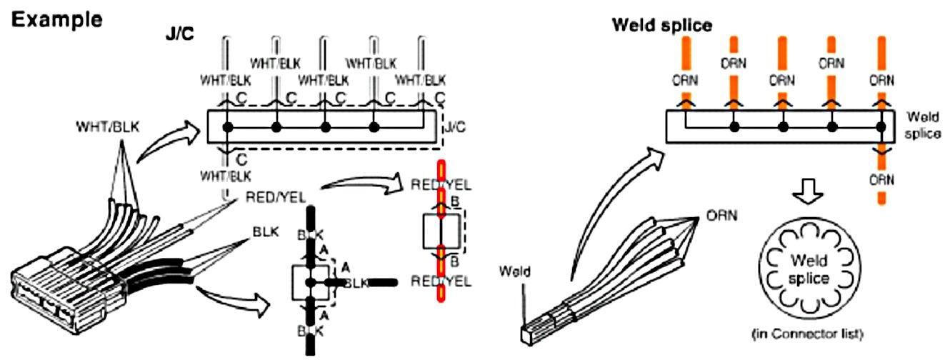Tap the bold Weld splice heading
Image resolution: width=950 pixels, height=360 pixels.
coord(662,26)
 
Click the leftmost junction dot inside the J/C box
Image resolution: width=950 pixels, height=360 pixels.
coord(228,128)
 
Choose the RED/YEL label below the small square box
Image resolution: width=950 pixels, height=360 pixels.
coord(441,281)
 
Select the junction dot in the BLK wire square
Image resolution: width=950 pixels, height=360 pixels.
coord(309,283)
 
